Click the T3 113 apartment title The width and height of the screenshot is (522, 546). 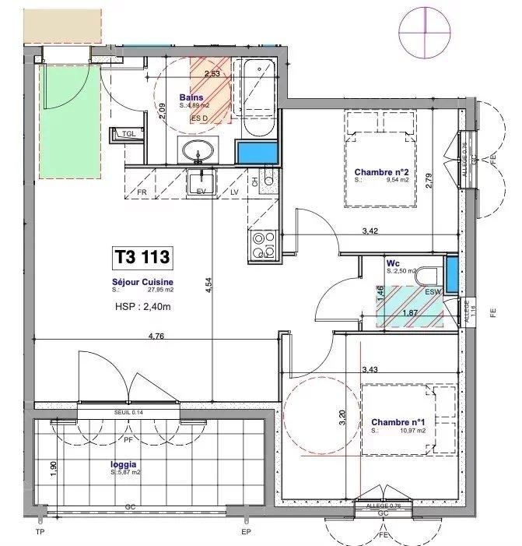[x=142, y=256]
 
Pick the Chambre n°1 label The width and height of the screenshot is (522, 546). [x=398, y=423]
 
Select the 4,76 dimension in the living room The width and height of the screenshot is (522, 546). [x=159, y=337]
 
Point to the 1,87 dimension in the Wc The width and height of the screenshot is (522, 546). [x=409, y=313]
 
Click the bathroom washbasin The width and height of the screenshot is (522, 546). [x=199, y=150]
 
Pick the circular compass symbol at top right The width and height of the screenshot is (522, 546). [x=425, y=28]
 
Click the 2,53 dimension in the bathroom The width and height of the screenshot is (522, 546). [x=211, y=75]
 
